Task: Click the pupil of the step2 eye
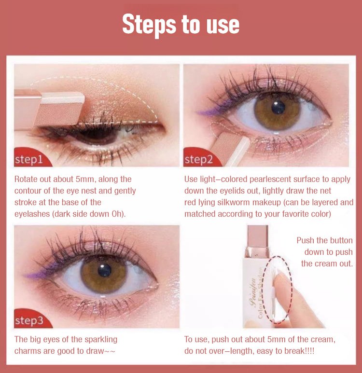click(x=278, y=107)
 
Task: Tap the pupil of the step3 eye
click(x=104, y=270)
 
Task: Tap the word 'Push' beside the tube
click(x=305, y=240)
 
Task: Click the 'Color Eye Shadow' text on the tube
click(x=261, y=293)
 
